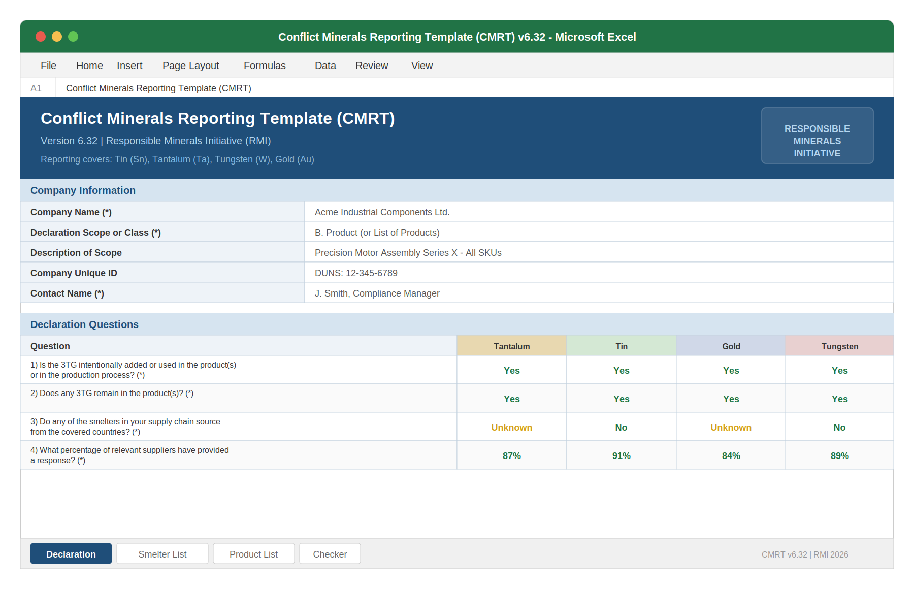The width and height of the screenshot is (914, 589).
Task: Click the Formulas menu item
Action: [265, 66]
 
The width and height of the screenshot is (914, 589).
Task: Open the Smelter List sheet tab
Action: [162, 554]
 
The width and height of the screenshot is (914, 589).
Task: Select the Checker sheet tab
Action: [330, 554]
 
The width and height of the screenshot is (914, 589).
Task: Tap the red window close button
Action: [41, 37]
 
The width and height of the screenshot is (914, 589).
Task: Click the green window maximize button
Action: [73, 37]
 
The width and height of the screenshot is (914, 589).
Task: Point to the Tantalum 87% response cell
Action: [511, 455]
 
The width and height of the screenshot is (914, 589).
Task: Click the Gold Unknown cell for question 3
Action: [731, 427]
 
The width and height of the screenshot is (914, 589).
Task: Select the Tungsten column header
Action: [839, 346]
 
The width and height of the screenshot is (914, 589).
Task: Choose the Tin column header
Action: [621, 346]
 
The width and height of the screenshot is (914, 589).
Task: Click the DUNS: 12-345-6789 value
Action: [356, 273]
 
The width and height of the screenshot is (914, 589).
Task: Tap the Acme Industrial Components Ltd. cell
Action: [382, 212]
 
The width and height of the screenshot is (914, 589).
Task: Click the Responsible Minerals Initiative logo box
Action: [817, 136]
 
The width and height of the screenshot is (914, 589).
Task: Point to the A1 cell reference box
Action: [36, 88]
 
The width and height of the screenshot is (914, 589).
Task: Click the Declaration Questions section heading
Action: [84, 324]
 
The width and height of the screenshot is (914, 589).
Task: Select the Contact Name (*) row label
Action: [67, 293]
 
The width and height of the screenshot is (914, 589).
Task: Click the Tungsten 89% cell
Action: [839, 455]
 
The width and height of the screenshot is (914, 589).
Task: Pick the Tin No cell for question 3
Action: [621, 427]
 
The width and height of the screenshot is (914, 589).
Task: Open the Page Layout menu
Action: [190, 66]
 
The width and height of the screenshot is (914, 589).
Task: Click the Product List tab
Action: [253, 554]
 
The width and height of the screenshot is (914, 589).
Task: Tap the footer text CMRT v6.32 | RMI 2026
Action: [804, 554]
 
